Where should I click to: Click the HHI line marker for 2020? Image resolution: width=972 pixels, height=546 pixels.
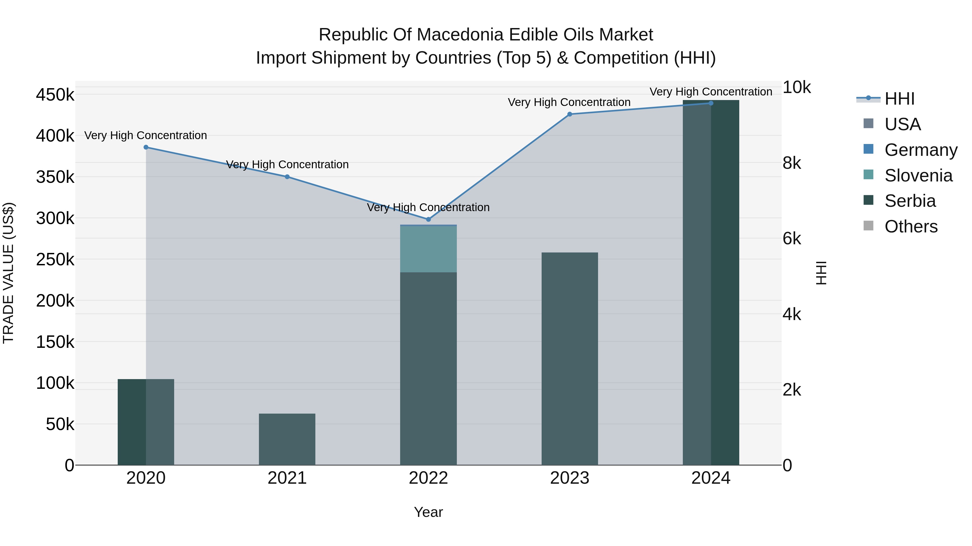pos(146,147)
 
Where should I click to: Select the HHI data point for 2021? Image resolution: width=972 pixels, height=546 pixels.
pos(287,177)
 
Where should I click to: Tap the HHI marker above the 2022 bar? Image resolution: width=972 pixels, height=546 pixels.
pos(428,219)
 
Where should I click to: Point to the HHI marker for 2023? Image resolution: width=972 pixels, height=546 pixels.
pos(570,114)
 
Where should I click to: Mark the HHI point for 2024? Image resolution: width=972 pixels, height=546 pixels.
pos(711,103)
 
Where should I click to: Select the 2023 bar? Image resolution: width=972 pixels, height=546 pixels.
pos(570,358)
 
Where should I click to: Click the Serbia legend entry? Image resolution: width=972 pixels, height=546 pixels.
pos(910,201)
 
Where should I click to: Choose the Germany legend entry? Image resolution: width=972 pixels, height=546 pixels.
pos(921,150)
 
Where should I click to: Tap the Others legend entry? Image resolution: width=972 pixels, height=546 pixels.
pos(911,226)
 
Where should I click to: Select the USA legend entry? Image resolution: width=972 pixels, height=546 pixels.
pos(903,124)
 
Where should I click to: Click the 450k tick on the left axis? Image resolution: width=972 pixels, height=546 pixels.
pos(55,95)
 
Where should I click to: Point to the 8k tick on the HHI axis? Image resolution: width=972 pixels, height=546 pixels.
pos(792,163)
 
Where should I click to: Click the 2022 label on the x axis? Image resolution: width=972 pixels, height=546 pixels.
pos(428,478)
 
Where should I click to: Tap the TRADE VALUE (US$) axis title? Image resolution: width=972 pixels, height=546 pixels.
pos(8,273)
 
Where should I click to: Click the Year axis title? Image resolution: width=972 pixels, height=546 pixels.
pos(428,512)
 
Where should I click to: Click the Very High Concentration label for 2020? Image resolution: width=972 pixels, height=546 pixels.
pos(146,135)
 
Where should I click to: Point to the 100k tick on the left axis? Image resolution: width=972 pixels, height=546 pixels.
pos(55,383)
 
